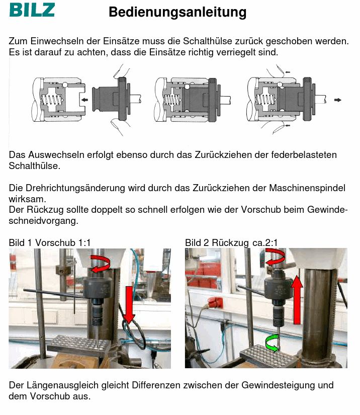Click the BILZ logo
pos(32,10)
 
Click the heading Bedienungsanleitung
pos(177,12)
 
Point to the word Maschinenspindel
pos(307,188)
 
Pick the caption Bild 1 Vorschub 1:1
pos(50,242)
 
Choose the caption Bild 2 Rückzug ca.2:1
pos(231,242)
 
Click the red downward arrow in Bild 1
pos(129,305)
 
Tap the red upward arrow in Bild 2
pos(297,299)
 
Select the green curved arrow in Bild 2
pos(273,343)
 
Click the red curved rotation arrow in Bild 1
pos(100,264)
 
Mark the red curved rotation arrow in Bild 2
pos(275,257)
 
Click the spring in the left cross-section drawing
pos(52,100)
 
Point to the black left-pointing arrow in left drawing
pos(84,100)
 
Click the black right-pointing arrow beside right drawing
pos(338,100)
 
